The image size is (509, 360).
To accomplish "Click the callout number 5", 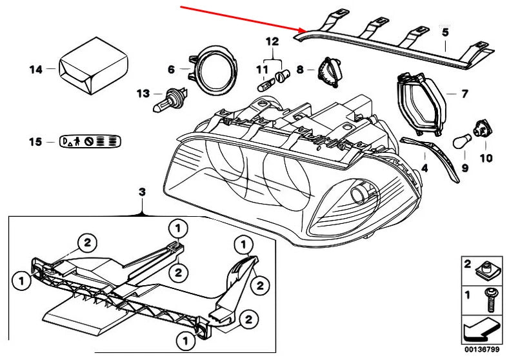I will [x=444, y=30].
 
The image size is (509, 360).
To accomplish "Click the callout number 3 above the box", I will [x=143, y=192].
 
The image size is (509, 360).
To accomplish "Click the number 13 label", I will [x=143, y=93].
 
